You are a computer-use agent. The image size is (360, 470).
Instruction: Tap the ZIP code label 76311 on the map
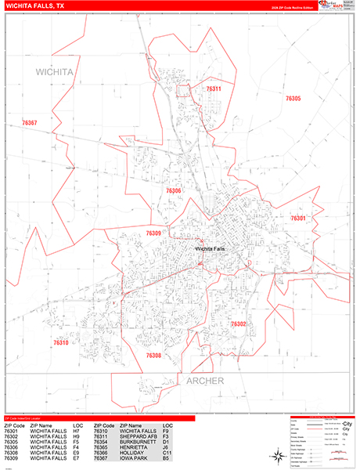coord(213,89)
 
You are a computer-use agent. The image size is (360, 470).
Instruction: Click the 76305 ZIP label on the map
coord(293,99)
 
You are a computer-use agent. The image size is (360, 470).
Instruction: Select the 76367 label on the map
coord(30,123)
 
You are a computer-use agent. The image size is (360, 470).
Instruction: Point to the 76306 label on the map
coord(173,190)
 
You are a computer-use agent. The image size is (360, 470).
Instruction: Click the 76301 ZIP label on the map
coord(298,218)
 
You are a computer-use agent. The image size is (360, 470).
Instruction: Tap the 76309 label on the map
coord(153,233)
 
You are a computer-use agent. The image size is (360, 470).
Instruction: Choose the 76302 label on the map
coord(238,324)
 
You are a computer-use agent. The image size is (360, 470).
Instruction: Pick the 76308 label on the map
coord(153,356)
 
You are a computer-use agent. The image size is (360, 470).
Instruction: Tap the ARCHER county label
coord(204,381)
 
